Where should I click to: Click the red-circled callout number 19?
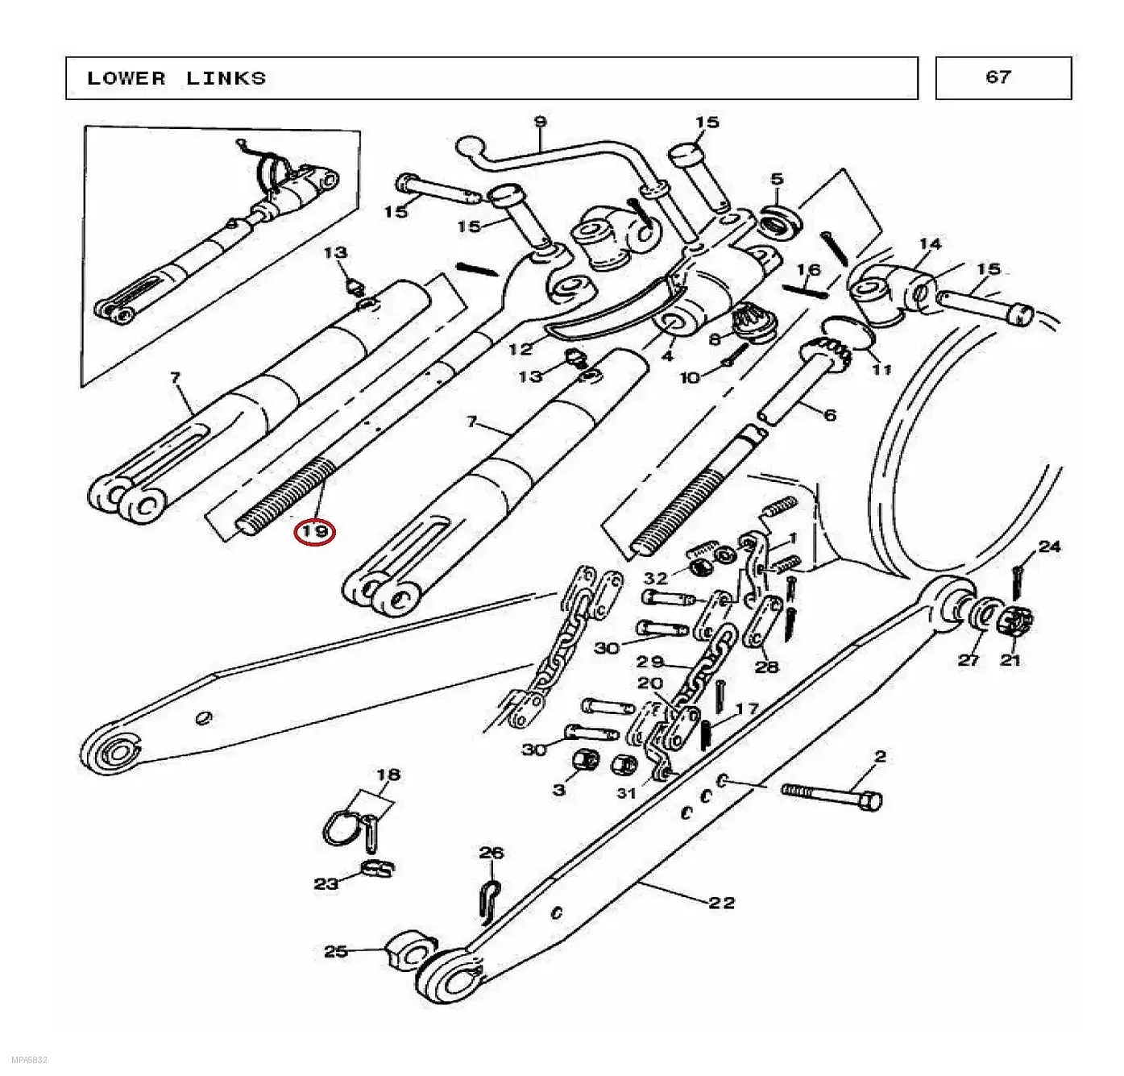[x=314, y=532]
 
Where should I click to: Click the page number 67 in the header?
[x=998, y=77]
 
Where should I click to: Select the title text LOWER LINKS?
[x=176, y=78]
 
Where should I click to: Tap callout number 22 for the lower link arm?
[x=721, y=903]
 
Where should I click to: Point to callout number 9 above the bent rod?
[x=540, y=122]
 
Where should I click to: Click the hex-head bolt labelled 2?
[x=832, y=798]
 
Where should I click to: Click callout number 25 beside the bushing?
[x=336, y=951]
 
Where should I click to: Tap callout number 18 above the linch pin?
[x=388, y=775]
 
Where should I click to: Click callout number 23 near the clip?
[x=326, y=883]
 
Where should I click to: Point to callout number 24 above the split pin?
[x=1050, y=546]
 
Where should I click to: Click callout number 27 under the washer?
[x=968, y=659]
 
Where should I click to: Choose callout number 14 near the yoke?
[x=930, y=244]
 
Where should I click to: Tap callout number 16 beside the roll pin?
[x=809, y=269]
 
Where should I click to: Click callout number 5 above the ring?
[x=778, y=179]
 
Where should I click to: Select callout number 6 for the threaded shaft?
[x=830, y=414]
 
